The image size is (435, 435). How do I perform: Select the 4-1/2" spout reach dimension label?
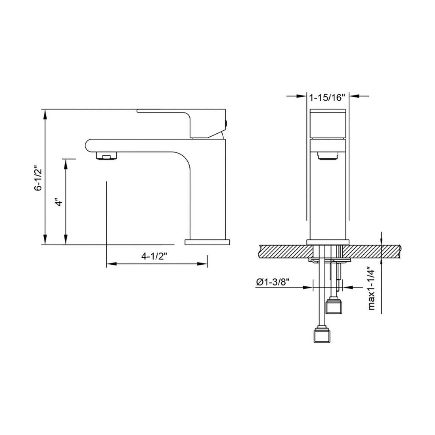(154, 256)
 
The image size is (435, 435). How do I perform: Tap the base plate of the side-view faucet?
(207, 242)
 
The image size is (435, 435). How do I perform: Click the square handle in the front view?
(328, 124)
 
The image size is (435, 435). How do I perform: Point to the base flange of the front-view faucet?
(328, 242)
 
